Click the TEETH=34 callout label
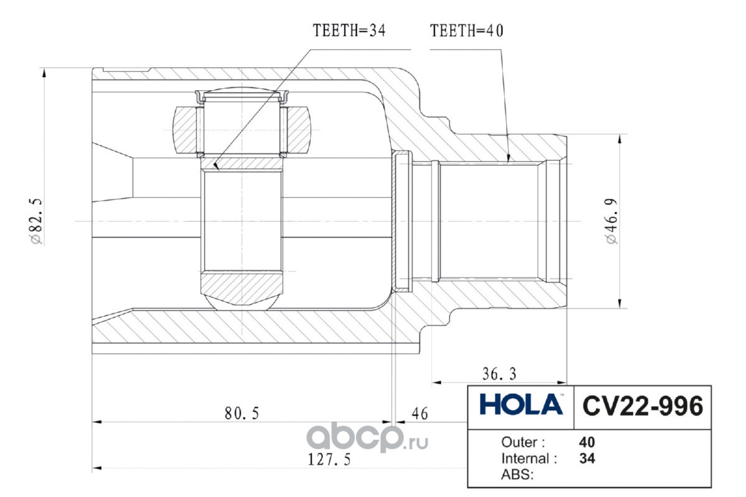[x=349, y=30]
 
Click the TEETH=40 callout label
[x=467, y=30]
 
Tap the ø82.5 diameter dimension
[x=36, y=221]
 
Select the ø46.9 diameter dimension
[x=612, y=221]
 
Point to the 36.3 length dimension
[x=499, y=374]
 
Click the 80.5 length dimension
[x=242, y=414]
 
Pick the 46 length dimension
[x=420, y=414]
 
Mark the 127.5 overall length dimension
[x=329, y=460]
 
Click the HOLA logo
[x=521, y=404]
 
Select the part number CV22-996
[x=643, y=406]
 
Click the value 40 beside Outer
[x=587, y=442]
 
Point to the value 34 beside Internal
[x=587, y=458]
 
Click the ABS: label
[x=517, y=475]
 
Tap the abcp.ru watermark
[x=367, y=438]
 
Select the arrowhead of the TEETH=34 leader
[x=216, y=166]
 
